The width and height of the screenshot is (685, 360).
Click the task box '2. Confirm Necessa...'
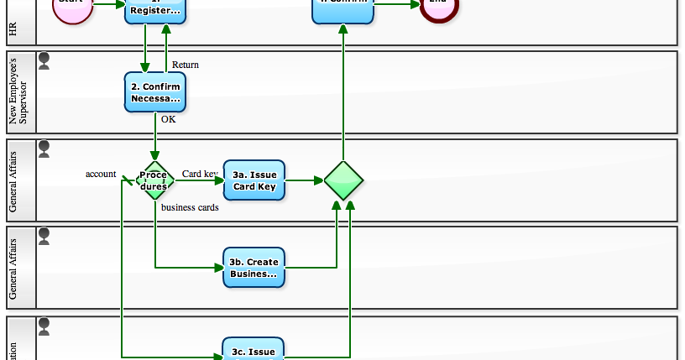[155, 92]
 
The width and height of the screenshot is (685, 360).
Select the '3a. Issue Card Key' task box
[254, 180]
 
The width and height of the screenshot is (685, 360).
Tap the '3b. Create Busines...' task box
[254, 268]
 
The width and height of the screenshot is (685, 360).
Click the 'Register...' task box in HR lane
[155, 10]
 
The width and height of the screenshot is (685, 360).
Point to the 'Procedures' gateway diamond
[154, 180]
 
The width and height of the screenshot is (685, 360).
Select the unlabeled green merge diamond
[343, 180]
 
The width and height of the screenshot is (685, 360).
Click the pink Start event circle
[72, 7]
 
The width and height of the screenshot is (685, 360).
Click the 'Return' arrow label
[186, 65]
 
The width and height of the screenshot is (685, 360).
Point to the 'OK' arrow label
[169, 119]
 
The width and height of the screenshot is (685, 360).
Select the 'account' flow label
[101, 174]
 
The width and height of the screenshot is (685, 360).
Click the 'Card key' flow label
[200, 175]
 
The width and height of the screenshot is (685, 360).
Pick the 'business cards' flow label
[190, 207]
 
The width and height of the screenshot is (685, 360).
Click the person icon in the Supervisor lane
[44, 60]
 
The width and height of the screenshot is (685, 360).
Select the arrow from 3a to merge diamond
[304, 180]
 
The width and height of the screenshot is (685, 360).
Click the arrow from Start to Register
[108, 3]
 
